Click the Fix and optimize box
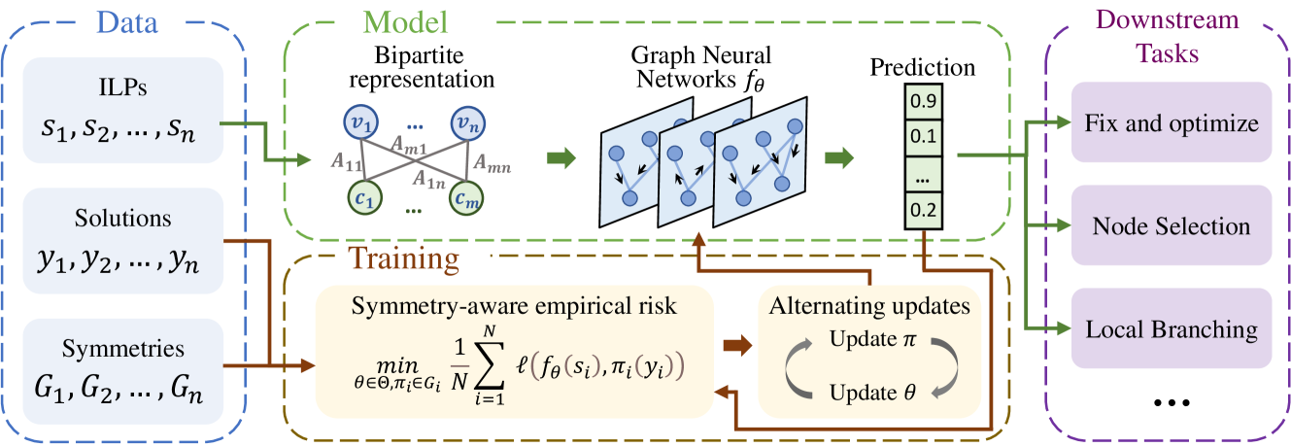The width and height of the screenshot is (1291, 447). tap(1171, 123)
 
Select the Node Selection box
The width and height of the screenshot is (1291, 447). tap(1171, 226)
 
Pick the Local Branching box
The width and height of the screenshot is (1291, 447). tap(1171, 328)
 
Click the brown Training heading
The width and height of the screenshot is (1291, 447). tap(403, 258)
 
